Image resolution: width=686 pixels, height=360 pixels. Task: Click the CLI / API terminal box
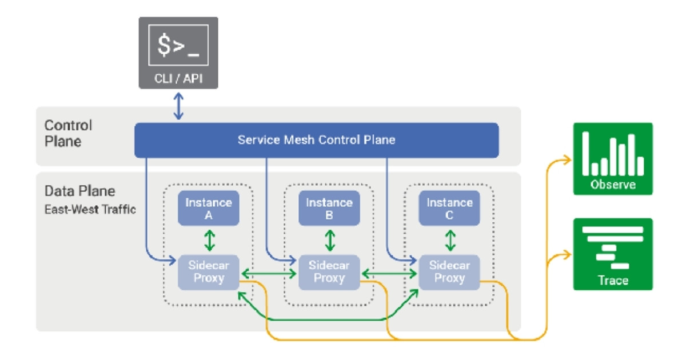tap(178, 53)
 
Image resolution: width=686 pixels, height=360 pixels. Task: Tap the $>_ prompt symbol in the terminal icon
tap(178, 45)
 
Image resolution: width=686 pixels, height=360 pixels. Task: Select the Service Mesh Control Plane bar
tap(316, 140)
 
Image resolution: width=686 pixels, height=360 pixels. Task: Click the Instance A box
tap(209, 209)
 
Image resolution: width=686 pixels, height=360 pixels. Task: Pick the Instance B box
tap(329, 209)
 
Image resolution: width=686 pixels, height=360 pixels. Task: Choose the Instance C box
tap(449, 209)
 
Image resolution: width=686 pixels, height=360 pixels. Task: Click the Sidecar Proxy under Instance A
tap(209, 272)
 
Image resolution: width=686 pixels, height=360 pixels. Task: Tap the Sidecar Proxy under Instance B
tap(329, 272)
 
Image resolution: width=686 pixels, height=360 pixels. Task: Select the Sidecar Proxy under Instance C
tap(449, 272)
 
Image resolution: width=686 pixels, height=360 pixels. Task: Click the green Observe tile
tap(613, 159)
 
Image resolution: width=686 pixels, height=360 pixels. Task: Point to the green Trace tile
tap(613, 254)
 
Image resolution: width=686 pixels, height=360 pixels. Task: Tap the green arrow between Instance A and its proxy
tap(209, 240)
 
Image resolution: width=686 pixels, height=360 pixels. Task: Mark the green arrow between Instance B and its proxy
tap(330, 240)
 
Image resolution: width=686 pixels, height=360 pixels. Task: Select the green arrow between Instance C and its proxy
tap(450, 240)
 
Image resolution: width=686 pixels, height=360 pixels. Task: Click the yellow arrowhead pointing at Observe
tap(567, 160)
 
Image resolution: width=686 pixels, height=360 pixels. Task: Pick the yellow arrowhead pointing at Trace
tap(567, 254)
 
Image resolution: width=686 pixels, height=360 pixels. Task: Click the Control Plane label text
tap(68, 133)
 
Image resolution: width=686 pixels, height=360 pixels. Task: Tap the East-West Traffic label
tap(90, 210)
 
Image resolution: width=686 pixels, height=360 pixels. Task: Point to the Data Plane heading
tap(79, 191)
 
